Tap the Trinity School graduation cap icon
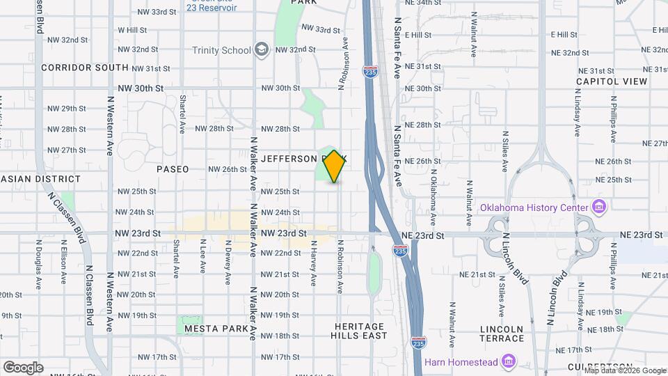point(262,50)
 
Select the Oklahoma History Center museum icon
point(598,207)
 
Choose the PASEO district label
point(173,169)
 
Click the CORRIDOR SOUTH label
point(85,68)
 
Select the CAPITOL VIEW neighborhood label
point(612,81)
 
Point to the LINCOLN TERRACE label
point(502,334)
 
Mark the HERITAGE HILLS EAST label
point(360,331)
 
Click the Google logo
point(23,367)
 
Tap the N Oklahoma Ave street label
point(433,196)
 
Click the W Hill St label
point(132,30)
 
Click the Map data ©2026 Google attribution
point(625,370)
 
